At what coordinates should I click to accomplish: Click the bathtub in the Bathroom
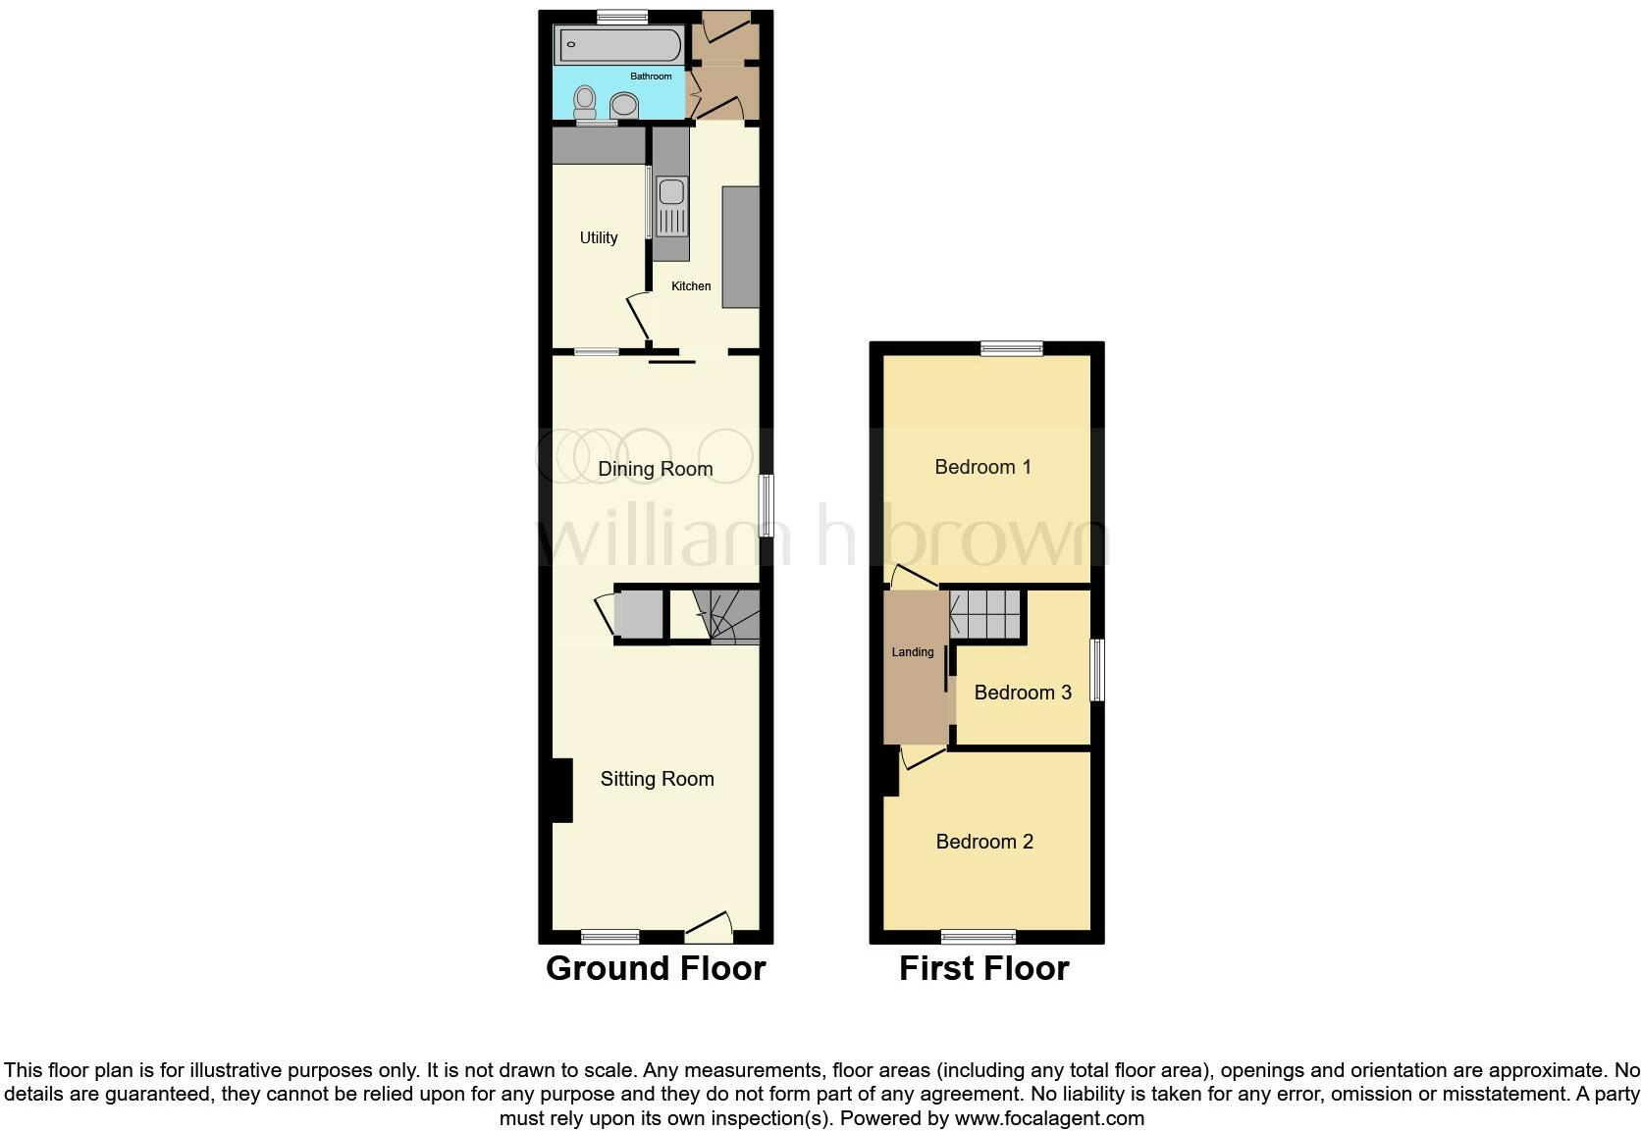(618, 45)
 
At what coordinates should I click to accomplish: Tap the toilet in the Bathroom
(586, 100)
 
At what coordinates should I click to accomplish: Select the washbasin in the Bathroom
(624, 104)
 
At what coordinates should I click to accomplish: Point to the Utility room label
(599, 237)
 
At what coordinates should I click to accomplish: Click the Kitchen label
(691, 286)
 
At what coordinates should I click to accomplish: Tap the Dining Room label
(655, 469)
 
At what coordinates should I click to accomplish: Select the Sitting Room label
(657, 779)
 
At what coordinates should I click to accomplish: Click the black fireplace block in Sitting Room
(561, 791)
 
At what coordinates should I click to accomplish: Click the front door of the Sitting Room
(710, 925)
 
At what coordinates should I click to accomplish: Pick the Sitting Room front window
(609, 937)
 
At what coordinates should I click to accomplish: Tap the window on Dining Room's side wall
(768, 506)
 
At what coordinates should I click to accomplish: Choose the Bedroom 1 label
(982, 467)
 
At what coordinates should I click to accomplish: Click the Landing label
(912, 652)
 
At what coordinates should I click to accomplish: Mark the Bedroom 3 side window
(1098, 670)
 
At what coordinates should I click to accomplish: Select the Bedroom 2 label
(984, 842)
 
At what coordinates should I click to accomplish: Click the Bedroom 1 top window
(1012, 347)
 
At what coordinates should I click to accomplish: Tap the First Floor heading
(983, 968)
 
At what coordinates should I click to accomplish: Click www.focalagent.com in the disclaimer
(1048, 1118)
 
